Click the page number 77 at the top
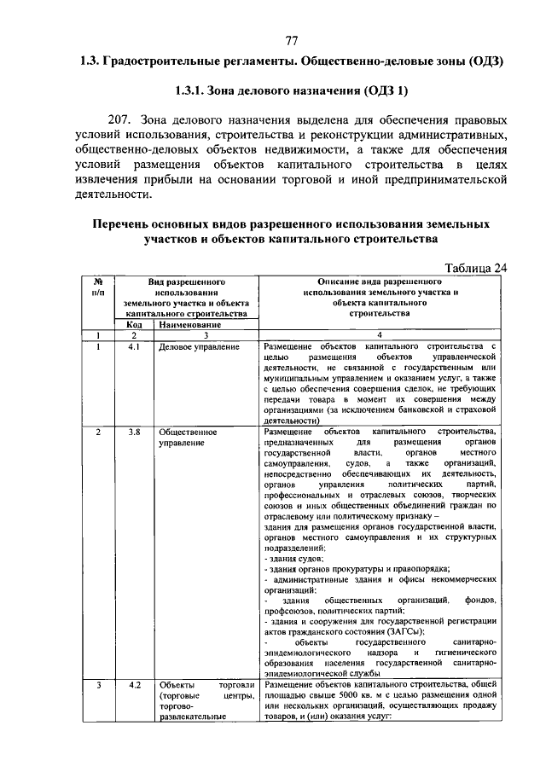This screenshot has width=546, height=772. click(x=292, y=41)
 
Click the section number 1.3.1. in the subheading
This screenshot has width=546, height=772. click(x=195, y=90)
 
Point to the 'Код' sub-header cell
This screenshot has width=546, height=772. click(x=134, y=324)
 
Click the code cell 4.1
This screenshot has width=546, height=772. click(x=134, y=347)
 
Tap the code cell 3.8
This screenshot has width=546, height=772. click(x=134, y=432)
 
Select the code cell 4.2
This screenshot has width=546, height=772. click(x=134, y=685)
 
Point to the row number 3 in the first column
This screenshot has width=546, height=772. click(x=98, y=685)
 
